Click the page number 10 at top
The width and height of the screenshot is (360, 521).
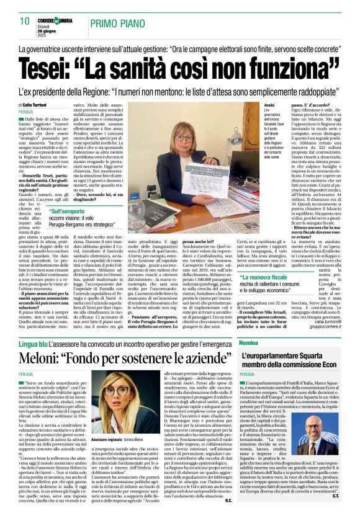pyautogui.click(x=25, y=20)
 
